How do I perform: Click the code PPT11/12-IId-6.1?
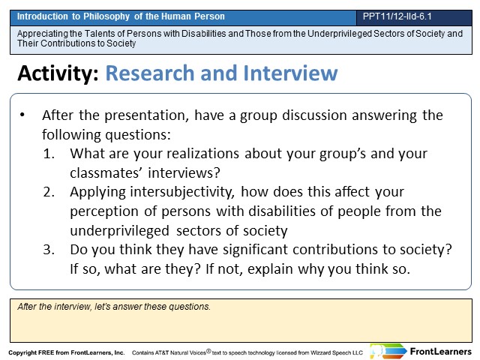397,16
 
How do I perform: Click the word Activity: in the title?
58,73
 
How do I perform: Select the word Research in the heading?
150,73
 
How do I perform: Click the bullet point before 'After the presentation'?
22,115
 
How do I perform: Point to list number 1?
49,153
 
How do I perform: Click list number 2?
49,192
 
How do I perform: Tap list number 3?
49,250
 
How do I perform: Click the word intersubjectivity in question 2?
182,193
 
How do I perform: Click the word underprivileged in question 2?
119,231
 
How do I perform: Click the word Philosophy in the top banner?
106,16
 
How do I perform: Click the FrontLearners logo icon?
388,351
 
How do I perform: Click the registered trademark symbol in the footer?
208,351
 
